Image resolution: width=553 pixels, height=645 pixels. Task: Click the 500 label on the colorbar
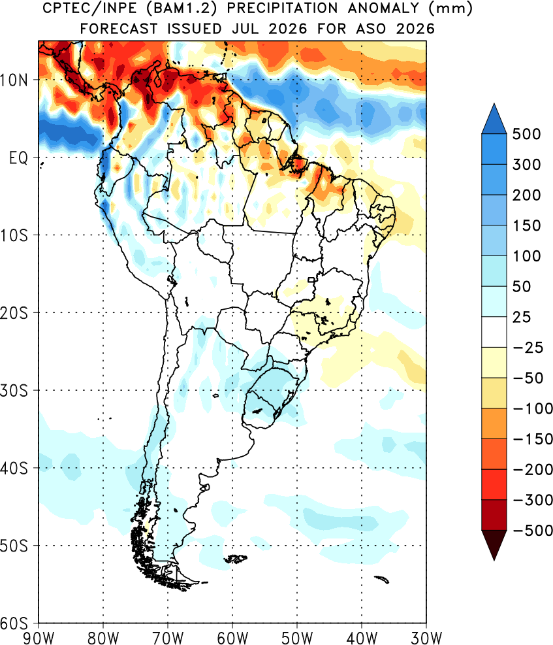click(x=526, y=134)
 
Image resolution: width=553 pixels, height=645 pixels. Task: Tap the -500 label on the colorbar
click(x=533, y=530)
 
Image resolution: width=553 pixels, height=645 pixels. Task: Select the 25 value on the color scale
click(x=522, y=317)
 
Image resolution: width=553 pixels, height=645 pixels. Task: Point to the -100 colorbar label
click(x=533, y=408)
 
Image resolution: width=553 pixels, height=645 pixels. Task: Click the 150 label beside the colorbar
click(x=526, y=225)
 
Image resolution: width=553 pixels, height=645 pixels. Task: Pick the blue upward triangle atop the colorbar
click(x=494, y=118)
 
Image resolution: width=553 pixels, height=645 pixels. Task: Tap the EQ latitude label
click(x=18, y=157)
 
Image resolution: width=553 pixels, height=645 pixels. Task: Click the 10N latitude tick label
click(x=14, y=80)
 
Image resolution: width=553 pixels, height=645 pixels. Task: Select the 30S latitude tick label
click(x=14, y=390)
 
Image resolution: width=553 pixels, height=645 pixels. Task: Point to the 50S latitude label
click(x=14, y=546)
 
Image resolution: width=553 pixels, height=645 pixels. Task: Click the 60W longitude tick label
click(x=232, y=638)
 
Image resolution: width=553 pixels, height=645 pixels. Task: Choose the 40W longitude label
click(x=362, y=638)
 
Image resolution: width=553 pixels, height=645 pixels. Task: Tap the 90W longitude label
click(x=39, y=638)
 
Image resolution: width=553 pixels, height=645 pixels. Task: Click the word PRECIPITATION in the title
click(x=282, y=8)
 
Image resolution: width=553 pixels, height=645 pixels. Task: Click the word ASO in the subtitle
click(x=371, y=29)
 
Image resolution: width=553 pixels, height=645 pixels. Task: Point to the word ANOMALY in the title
click(x=383, y=8)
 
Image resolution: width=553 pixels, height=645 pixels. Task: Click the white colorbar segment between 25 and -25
click(x=494, y=332)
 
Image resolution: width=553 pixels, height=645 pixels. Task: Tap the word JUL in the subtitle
click(x=246, y=29)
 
